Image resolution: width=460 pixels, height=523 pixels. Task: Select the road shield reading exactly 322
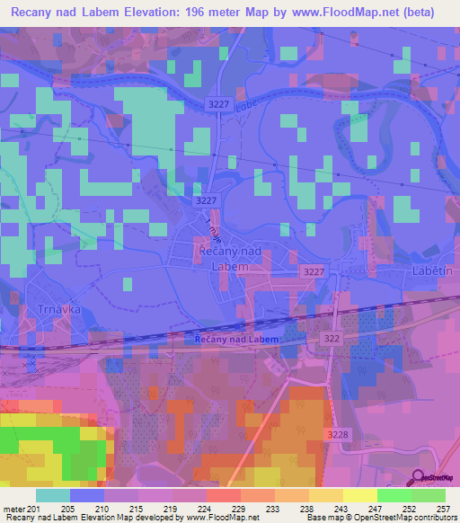(x=331, y=336)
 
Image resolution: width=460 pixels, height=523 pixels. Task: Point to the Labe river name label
(x=246, y=103)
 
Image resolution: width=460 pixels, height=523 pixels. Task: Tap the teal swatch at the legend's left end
(x=52, y=494)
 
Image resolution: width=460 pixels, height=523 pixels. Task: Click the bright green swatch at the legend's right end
(x=428, y=494)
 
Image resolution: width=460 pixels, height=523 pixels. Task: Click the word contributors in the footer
(x=438, y=518)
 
